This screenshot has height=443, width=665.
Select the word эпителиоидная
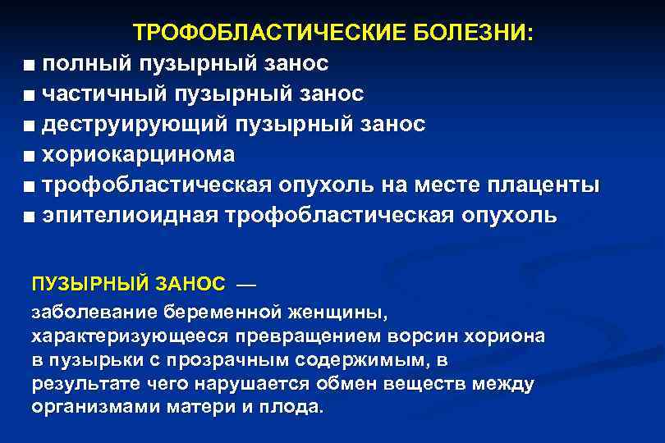pyautogui.click(x=128, y=216)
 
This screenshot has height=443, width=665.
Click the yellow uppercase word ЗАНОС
pyautogui.click(x=192, y=284)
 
